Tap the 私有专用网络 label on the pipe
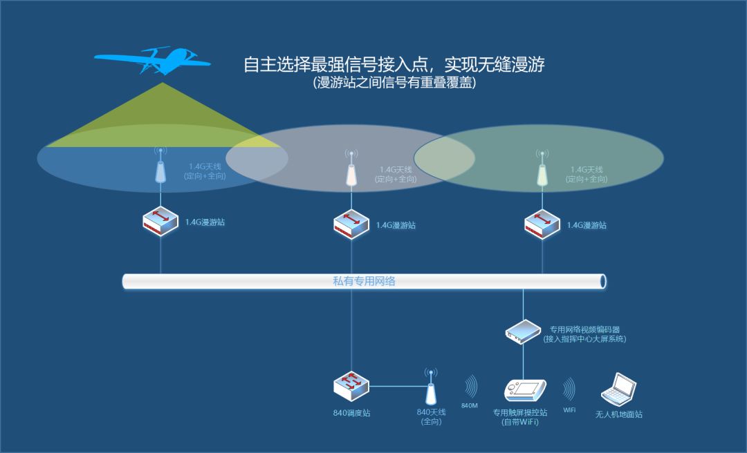[364, 281]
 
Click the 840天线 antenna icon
[431, 387]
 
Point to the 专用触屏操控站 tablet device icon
[526, 391]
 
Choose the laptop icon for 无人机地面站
[618, 390]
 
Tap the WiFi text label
[569, 410]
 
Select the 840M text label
[469, 405]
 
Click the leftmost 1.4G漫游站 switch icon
[160, 222]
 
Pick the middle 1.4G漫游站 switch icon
[351, 224]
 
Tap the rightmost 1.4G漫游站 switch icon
[542, 224]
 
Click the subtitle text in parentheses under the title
[394, 83]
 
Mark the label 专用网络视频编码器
[584, 329]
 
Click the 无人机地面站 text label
[618, 414]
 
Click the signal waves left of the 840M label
[471, 387]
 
